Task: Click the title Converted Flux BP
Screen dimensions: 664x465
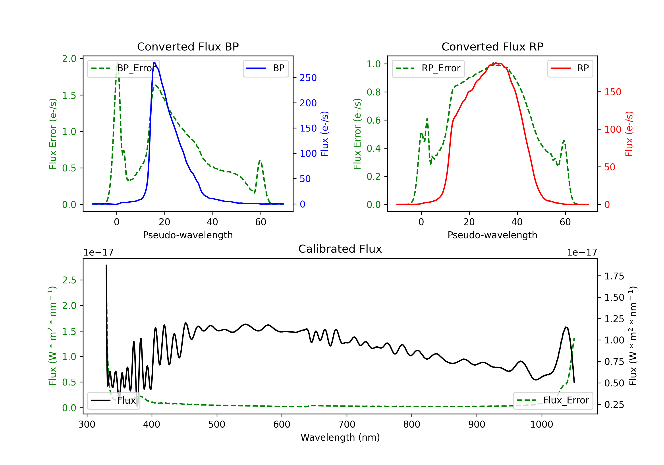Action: pyautogui.click(x=188, y=46)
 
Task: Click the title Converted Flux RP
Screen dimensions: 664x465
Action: pyautogui.click(x=492, y=46)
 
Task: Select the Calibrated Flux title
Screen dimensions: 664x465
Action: pyautogui.click(x=340, y=249)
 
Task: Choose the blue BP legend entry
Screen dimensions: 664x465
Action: pyautogui.click(x=265, y=68)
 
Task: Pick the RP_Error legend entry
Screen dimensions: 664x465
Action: pyautogui.click(x=428, y=68)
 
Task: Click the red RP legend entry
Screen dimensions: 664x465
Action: pyautogui.click(x=570, y=68)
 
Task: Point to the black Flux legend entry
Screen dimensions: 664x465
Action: pyautogui.click(x=113, y=401)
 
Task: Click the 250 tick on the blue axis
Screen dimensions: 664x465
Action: pyautogui.click(x=308, y=77)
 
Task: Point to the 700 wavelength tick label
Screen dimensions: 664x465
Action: pyautogui.click(x=347, y=424)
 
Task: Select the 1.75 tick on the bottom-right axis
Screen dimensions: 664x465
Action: pyautogui.click(x=614, y=276)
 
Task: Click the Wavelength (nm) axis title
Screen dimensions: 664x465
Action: pyautogui.click(x=340, y=437)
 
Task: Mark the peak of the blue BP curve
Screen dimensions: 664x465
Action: pyautogui.click(x=154, y=63)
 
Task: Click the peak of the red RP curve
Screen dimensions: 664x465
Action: pyautogui.click(x=495, y=63)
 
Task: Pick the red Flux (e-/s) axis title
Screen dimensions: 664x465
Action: pyautogui.click(x=629, y=134)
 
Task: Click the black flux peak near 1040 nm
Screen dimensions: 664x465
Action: pyautogui.click(x=566, y=327)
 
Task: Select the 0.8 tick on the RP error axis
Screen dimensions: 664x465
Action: pyautogui.click(x=374, y=92)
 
